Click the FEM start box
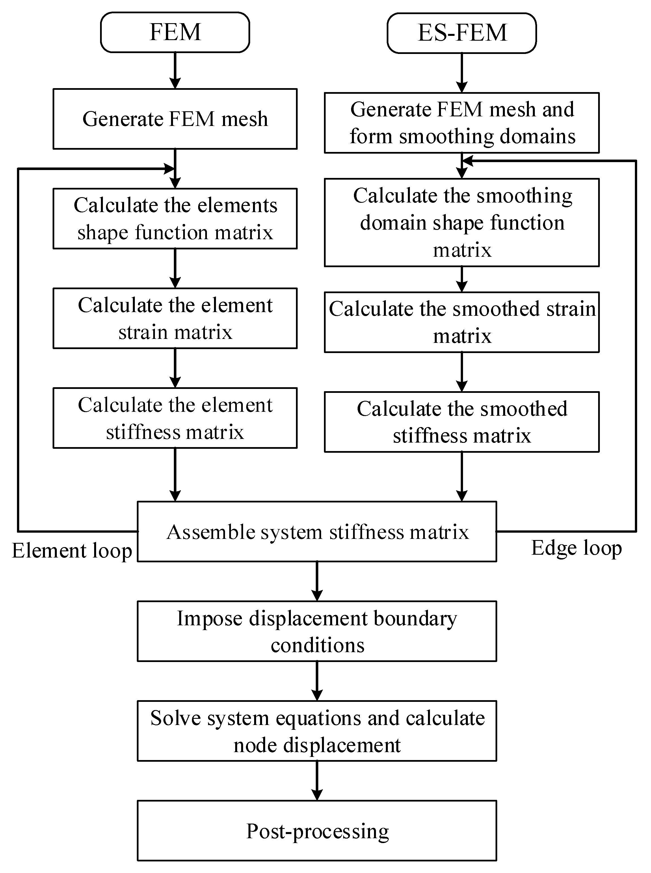[175, 32]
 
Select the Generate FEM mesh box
[175, 119]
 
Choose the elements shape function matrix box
[175, 219]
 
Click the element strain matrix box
[175, 318]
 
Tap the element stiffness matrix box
[175, 418]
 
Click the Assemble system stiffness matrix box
[317, 532]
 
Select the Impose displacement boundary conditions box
[317, 631]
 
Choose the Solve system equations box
[317, 731]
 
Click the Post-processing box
[317, 831]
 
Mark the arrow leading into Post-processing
[317, 780]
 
